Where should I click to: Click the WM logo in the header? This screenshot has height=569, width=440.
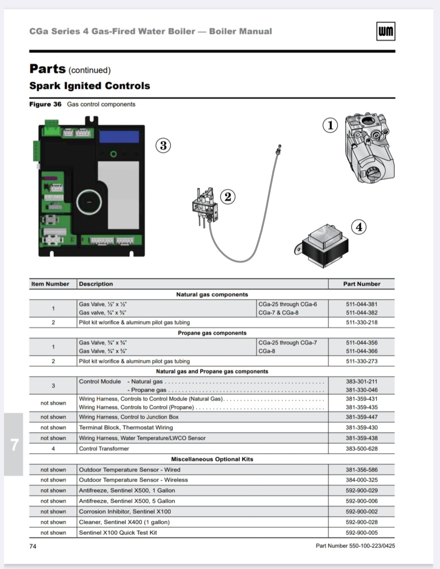[x=385, y=31]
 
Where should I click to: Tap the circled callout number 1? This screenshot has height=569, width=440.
[x=330, y=125]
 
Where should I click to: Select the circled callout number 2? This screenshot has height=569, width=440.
[x=228, y=197]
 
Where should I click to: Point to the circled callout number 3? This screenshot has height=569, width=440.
[x=163, y=145]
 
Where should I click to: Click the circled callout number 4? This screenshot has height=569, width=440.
[x=359, y=227]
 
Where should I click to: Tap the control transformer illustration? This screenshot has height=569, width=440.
[x=324, y=246]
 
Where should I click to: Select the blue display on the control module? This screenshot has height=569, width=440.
[x=119, y=137]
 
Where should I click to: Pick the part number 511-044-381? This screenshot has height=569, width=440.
[x=361, y=304]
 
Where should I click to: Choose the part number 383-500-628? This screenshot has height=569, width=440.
[x=361, y=449]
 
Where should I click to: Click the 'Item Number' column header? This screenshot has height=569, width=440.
[x=50, y=284]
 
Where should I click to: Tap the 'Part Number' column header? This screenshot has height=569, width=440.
[x=361, y=284]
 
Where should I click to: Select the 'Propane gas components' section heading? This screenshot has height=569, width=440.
[x=212, y=333]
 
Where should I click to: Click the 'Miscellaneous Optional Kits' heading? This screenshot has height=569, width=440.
[x=212, y=459]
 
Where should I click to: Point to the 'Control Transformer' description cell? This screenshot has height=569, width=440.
[x=104, y=449]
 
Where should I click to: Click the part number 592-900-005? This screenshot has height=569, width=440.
[x=361, y=533]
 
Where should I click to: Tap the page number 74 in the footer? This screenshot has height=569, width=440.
[x=33, y=546]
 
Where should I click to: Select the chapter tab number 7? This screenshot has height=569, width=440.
[x=14, y=444]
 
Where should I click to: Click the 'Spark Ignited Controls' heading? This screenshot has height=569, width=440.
[x=90, y=86]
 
